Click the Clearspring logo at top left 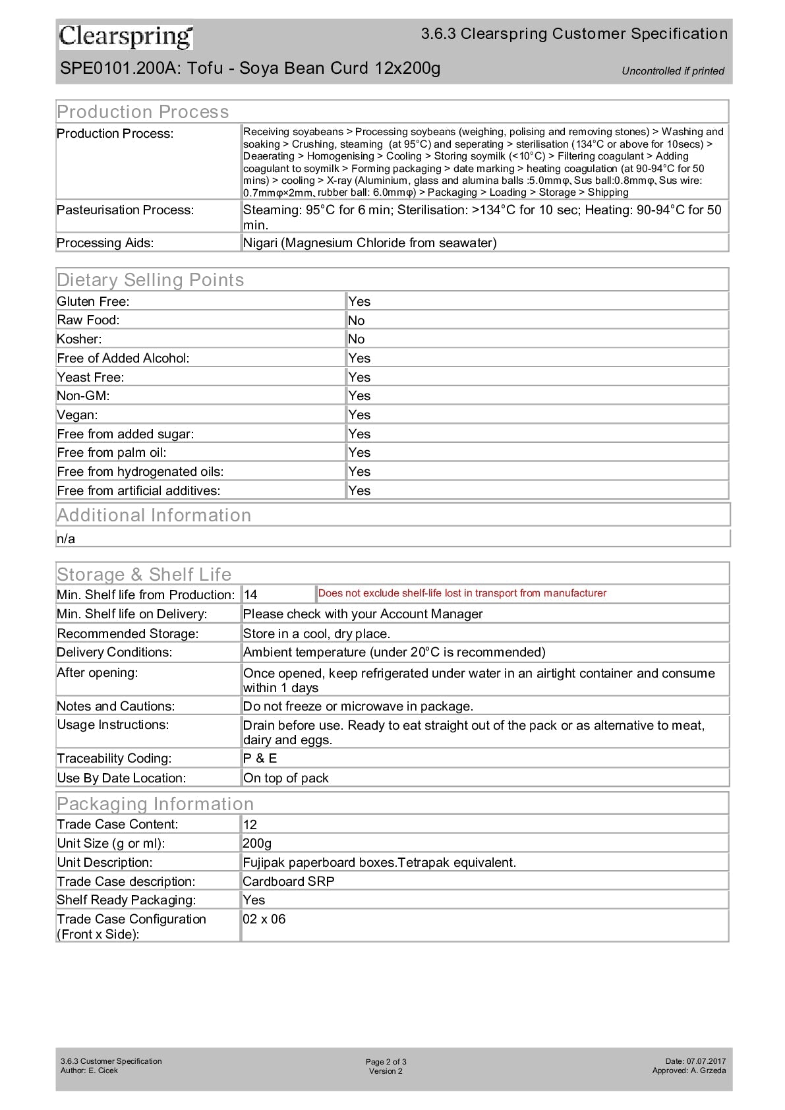[x=126, y=37]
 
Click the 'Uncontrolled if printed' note [x=672, y=71]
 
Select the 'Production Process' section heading [x=143, y=111]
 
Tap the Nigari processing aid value [x=370, y=243]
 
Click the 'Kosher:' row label [x=79, y=339]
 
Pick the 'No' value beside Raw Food [x=357, y=320]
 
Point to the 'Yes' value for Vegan [x=359, y=415]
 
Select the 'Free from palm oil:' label [x=111, y=452]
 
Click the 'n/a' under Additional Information [x=66, y=539]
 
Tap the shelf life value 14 [x=250, y=595]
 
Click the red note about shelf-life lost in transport [x=462, y=593]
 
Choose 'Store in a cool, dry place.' [x=316, y=633]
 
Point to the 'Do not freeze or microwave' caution [x=358, y=706]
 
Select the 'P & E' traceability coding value [x=260, y=758]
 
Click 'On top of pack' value [x=285, y=778]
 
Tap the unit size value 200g [x=257, y=843]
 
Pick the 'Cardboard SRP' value [x=288, y=881]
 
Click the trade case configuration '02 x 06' [x=264, y=919]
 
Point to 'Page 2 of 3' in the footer [x=386, y=1062]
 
